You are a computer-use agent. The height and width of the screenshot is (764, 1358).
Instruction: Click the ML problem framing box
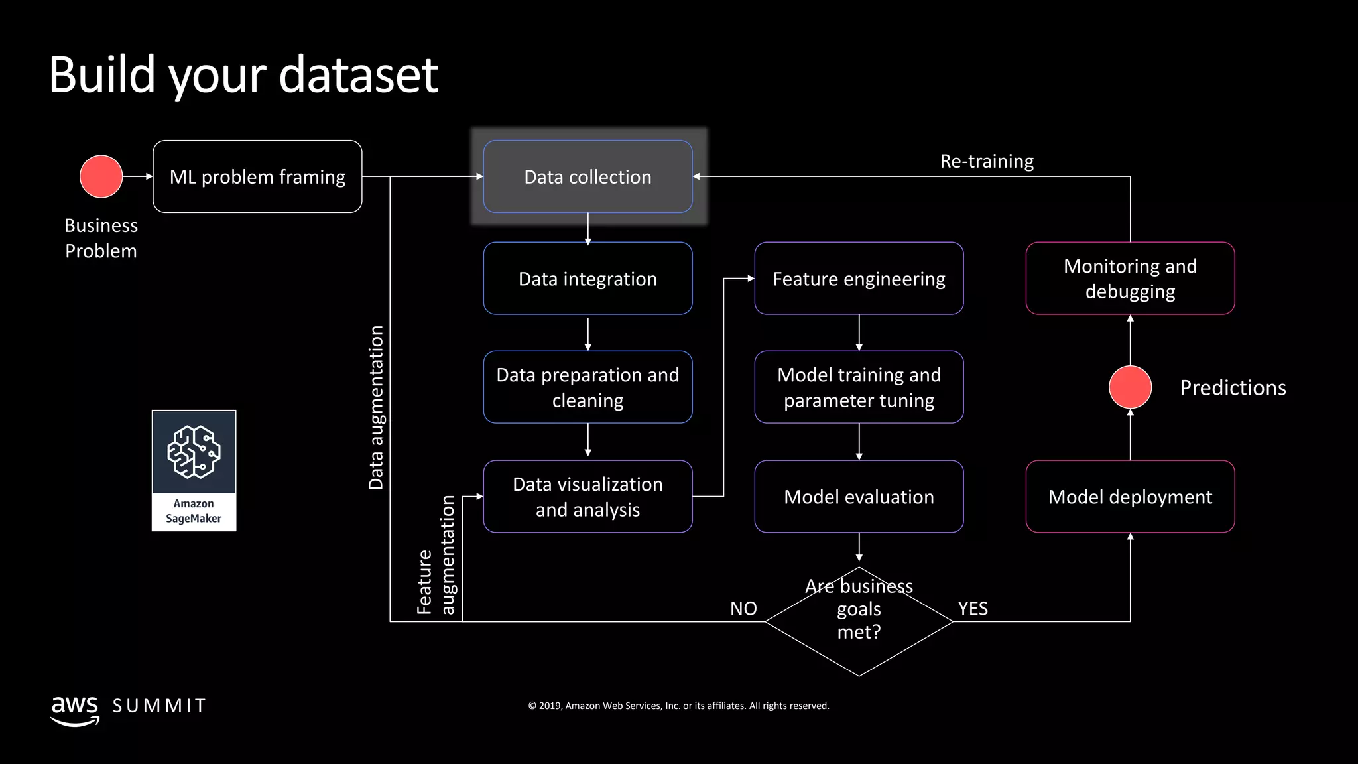point(257,176)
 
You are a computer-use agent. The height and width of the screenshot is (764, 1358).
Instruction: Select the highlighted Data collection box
point(587,176)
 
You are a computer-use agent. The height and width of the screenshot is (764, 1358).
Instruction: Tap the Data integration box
point(587,279)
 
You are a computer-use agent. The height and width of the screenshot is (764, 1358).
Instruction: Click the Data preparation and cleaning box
point(587,387)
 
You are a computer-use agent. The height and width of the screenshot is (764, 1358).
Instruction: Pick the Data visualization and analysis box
point(587,496)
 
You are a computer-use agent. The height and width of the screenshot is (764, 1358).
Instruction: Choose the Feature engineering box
point(859,279)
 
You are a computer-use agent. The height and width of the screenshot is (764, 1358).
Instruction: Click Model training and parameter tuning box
point(859,387)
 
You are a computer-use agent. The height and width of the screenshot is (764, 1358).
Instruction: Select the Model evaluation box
point(859,496)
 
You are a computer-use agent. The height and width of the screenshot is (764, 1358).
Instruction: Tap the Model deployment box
point(1130,496)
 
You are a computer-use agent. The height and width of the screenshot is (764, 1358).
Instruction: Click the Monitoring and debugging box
point(1130,279)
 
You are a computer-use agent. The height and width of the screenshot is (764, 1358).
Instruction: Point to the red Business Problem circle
point(101,176)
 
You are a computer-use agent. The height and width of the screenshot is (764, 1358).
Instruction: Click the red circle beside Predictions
point(1130,387)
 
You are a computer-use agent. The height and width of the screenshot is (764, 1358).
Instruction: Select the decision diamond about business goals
point(859,621)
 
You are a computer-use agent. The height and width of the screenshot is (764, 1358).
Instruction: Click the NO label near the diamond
point(743,608)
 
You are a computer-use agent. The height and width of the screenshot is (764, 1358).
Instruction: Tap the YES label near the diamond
point(973,608)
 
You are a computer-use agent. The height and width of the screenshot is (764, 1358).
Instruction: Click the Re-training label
point(987,161)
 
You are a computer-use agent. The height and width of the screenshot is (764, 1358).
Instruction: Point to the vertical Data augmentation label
point(376,408)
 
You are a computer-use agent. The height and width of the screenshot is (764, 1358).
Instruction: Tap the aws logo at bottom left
point(75,708)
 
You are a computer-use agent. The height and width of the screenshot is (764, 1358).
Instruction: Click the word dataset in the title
point(358,74)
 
